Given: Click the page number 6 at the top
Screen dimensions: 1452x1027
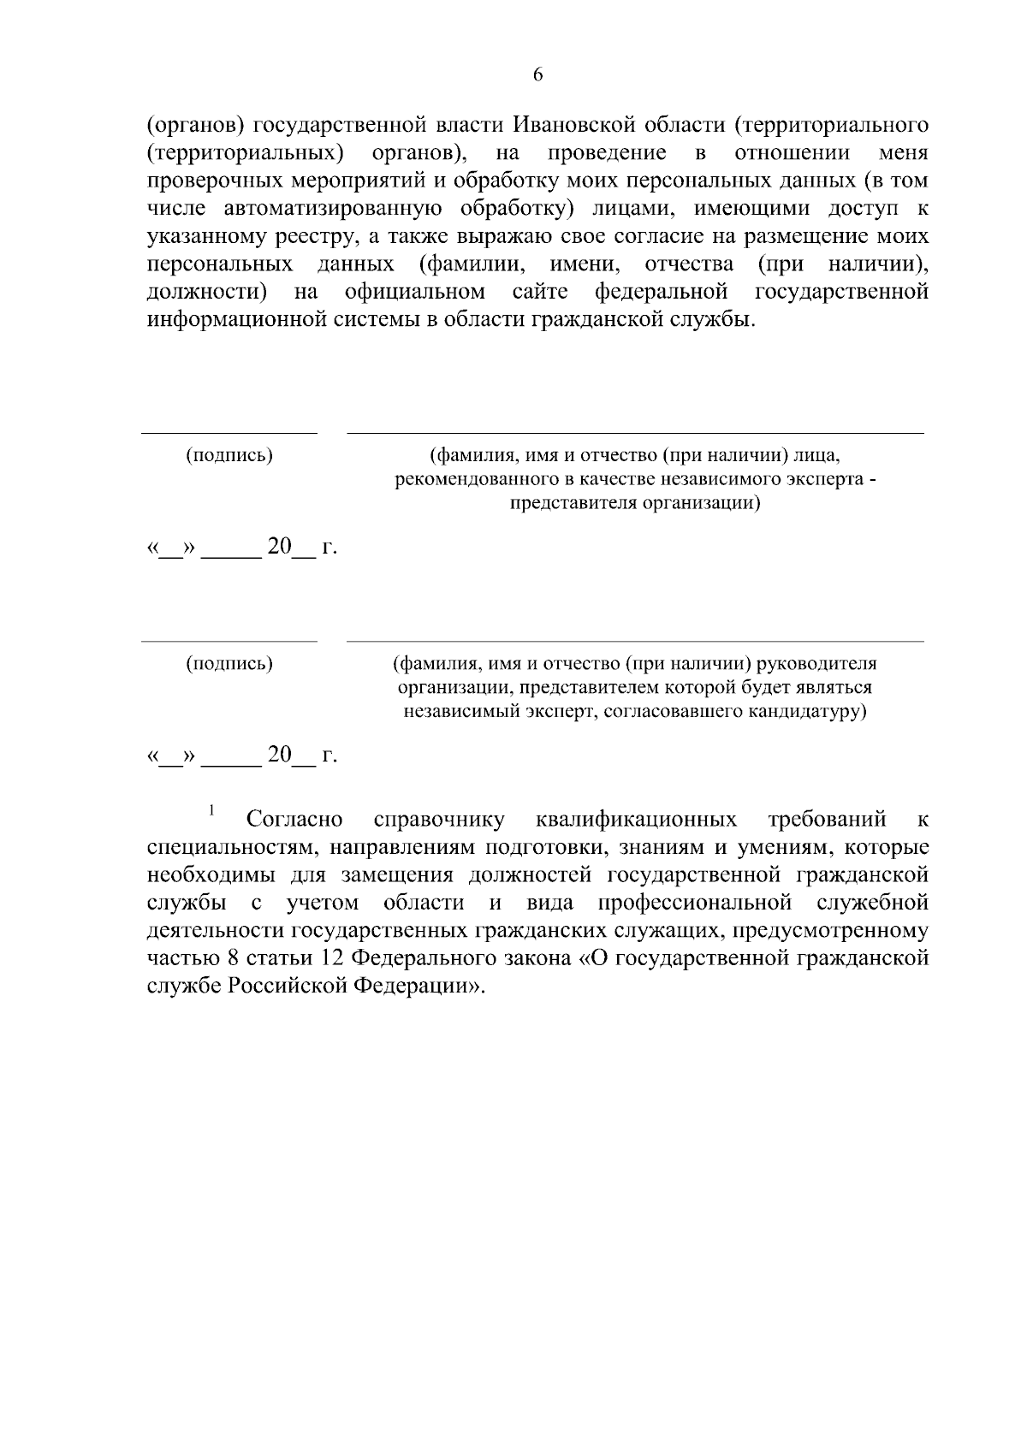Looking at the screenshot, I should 537,74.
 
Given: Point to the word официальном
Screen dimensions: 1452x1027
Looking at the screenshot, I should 415,293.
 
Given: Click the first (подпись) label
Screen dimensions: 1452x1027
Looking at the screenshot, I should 229,455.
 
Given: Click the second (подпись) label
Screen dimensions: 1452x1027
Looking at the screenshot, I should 229,663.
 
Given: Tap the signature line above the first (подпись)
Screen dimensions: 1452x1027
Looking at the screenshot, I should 229,434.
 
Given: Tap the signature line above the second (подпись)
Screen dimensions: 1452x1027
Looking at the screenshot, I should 229,641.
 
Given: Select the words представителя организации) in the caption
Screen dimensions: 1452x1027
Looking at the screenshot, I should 635,503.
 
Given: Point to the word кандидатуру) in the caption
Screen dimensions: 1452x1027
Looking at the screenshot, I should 810,711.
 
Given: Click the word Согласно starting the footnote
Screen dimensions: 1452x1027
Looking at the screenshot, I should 294,821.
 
